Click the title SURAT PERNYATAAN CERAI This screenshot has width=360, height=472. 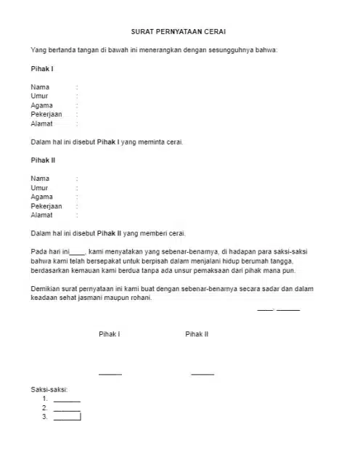[179, 33]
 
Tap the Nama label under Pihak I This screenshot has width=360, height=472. [40, 87]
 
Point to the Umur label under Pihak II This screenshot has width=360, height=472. [39, 187]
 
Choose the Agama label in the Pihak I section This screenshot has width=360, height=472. [41, 105]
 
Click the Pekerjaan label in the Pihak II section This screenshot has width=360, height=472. [46, 206]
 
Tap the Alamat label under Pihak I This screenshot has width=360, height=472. [41, 123]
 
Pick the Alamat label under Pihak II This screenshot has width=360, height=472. [41, 215]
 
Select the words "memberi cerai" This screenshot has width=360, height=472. [163, 233]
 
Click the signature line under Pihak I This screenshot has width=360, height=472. [110, 374]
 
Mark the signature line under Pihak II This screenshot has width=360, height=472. [202, 374]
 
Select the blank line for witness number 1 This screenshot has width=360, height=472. [67, 401]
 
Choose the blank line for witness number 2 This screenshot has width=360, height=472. [67, 410]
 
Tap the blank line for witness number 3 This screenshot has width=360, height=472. [67, 418]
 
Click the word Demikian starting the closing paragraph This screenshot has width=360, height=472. [47, 288]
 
